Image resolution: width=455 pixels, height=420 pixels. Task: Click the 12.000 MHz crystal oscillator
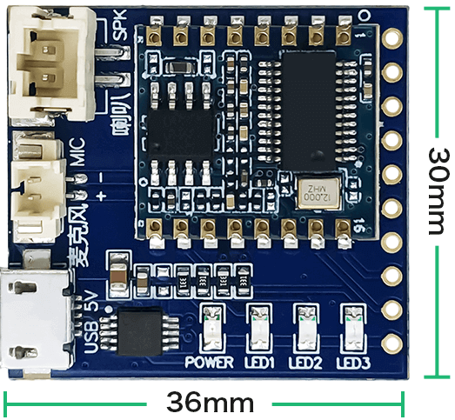point(318,192)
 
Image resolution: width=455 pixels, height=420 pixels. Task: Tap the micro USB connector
point(35,318)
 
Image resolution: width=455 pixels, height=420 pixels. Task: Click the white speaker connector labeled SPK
point(51,63)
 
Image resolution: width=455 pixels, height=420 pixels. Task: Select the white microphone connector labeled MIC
point(37,190)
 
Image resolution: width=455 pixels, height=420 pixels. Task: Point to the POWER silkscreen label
point(209,362)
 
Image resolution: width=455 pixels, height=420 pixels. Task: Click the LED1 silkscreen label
point(259,363)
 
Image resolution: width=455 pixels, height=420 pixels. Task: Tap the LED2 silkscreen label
point(305,363)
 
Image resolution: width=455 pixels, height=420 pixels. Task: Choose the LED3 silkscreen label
point(353,363)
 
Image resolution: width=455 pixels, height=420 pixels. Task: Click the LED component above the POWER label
point(212,328)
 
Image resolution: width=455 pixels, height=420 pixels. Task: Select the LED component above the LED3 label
point(354,328)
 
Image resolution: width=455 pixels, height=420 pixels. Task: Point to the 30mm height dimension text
point(437,190)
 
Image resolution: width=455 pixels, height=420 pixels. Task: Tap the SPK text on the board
point(119,25)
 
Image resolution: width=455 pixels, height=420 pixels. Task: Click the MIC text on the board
point(79,152)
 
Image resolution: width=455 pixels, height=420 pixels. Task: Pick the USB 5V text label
point(91,322)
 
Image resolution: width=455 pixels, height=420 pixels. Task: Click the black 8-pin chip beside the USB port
point(139,330)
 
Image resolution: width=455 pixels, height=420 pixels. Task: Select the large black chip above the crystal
point(309,111)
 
